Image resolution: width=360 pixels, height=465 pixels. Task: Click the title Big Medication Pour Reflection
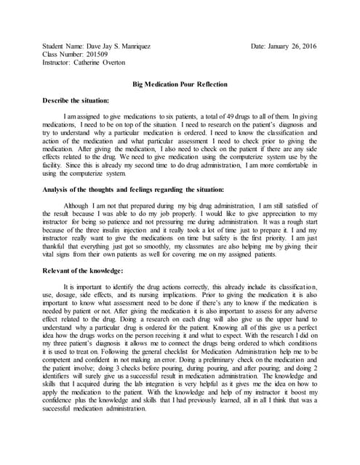tap(180, 84)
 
